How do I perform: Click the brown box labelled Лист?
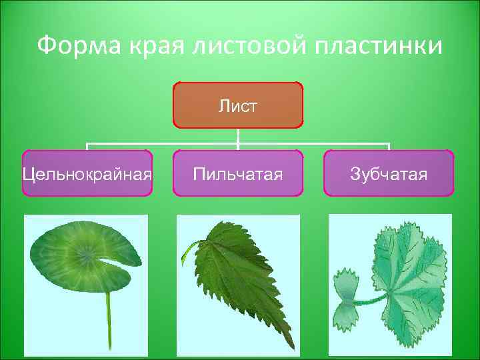pyautogui.click(x=238, y=105)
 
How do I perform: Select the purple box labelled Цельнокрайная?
pyautogui.click(x=87, y=173)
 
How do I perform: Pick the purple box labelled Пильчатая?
pyautogui.click(x=238, y=173)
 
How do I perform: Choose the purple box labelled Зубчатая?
pyautogui.click(x=389, y=173)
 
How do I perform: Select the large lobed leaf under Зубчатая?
pyautogui.click(x=407, y=280)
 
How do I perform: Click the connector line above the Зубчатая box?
pyautogui.click(x=389, y=146)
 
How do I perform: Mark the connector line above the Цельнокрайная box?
pyautogui.click(x=87, y=146)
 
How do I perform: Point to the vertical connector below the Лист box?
pyautogui.click(x=238, y=135)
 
